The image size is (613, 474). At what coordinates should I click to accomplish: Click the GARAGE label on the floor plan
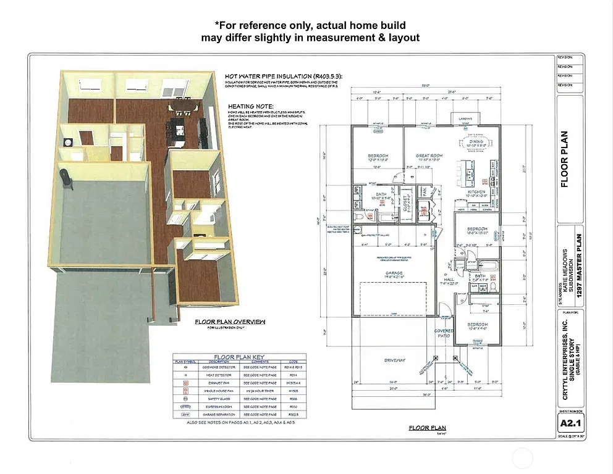point(394,273)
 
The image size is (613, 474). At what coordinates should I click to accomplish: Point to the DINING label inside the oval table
point(476,142)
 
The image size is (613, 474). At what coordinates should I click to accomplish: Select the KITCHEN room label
point(476,192)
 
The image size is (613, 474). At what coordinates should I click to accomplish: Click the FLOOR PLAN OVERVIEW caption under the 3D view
point(230,322)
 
